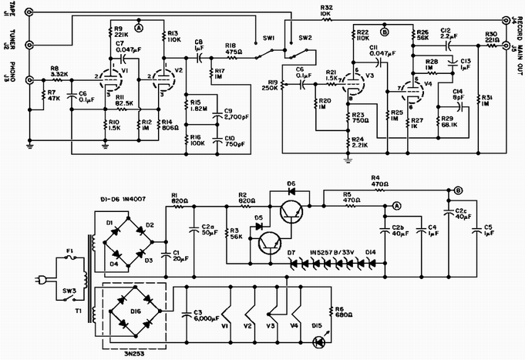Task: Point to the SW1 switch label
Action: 269,37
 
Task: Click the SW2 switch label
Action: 306,37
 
